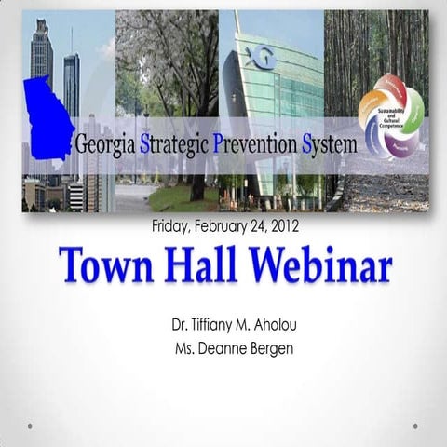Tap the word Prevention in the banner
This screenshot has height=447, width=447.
253,145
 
